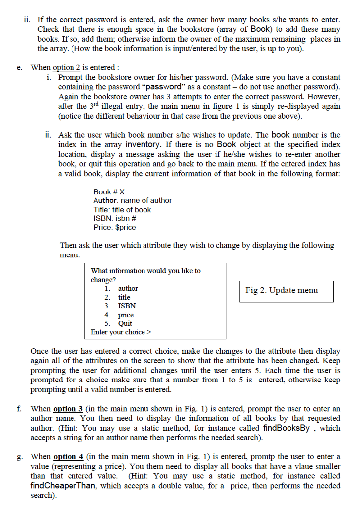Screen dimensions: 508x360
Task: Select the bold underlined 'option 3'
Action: point(68,409)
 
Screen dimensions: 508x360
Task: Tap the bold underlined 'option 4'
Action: point(68,457)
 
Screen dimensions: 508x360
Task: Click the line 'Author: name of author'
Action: point(133,201)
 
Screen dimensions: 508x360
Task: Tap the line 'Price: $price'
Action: point(114,228)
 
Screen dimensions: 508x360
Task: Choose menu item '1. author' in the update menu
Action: point(122,288)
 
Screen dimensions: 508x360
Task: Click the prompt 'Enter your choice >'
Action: point(121,332)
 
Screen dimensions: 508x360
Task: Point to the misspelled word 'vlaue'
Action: point(299,466)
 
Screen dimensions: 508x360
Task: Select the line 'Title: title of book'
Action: point(122,210)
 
